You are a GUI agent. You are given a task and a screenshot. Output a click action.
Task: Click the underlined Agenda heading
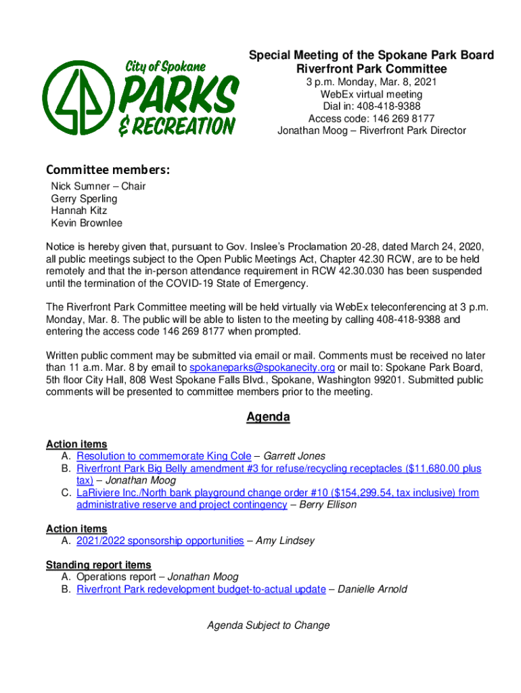click(x=268, y=417)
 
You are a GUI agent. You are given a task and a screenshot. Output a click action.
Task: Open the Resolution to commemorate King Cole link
click(x=164, y=456)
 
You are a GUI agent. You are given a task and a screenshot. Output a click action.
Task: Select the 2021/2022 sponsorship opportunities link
click(x=160, y=541)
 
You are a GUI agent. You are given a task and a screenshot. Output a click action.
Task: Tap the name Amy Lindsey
click(x=285, y=541)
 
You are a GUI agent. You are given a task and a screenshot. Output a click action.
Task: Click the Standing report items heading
click(x=99, y=565)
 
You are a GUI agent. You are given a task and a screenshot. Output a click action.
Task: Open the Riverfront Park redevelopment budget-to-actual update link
click(x=201, y=589)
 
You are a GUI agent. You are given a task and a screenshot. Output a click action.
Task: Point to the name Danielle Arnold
click(x=372, y=589)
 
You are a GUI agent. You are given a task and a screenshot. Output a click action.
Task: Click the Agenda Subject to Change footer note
click(x=268, y=625)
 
